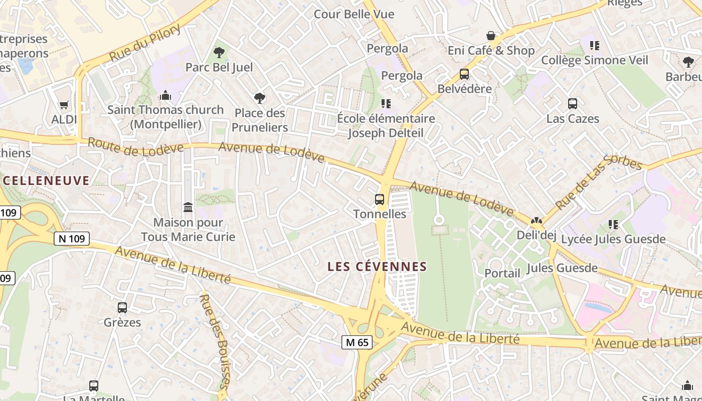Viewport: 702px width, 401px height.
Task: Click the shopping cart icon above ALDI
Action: pos(64,105)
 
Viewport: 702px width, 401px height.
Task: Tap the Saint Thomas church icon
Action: pos(165,95)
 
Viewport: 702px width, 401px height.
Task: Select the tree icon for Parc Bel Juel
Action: pos(219,52)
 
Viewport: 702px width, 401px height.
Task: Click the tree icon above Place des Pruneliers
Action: pos(259,98)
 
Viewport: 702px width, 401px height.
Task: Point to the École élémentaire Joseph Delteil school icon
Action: pos(386,104)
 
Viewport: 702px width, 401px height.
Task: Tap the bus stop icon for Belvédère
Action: pos(464,74)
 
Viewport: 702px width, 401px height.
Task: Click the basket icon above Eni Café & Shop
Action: pos(491,36)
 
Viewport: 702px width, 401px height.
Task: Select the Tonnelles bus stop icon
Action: pos(380,199)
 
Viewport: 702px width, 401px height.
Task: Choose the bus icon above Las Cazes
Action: pos(573,104)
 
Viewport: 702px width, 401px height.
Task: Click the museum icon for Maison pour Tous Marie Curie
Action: pos(188,207)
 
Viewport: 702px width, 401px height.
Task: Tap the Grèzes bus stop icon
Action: pos(122,307)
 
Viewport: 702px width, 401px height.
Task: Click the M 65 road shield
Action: pos(357,342)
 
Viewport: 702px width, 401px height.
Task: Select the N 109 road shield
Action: pos(72,239)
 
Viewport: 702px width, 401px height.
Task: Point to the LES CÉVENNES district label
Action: pos(377,267)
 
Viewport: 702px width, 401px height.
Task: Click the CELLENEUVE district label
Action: pos(46,180)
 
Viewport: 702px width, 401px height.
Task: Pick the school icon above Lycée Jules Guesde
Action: pos(613,224)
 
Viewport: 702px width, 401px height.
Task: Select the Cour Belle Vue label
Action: pos(354,14)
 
